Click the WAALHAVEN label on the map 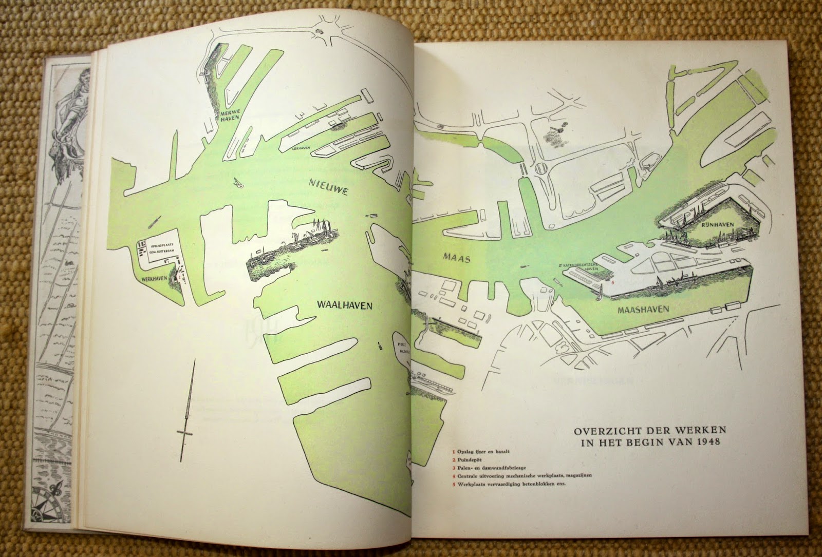coord(345,304)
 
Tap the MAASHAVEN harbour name coord(643,310)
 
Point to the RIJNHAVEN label coord(714,224)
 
